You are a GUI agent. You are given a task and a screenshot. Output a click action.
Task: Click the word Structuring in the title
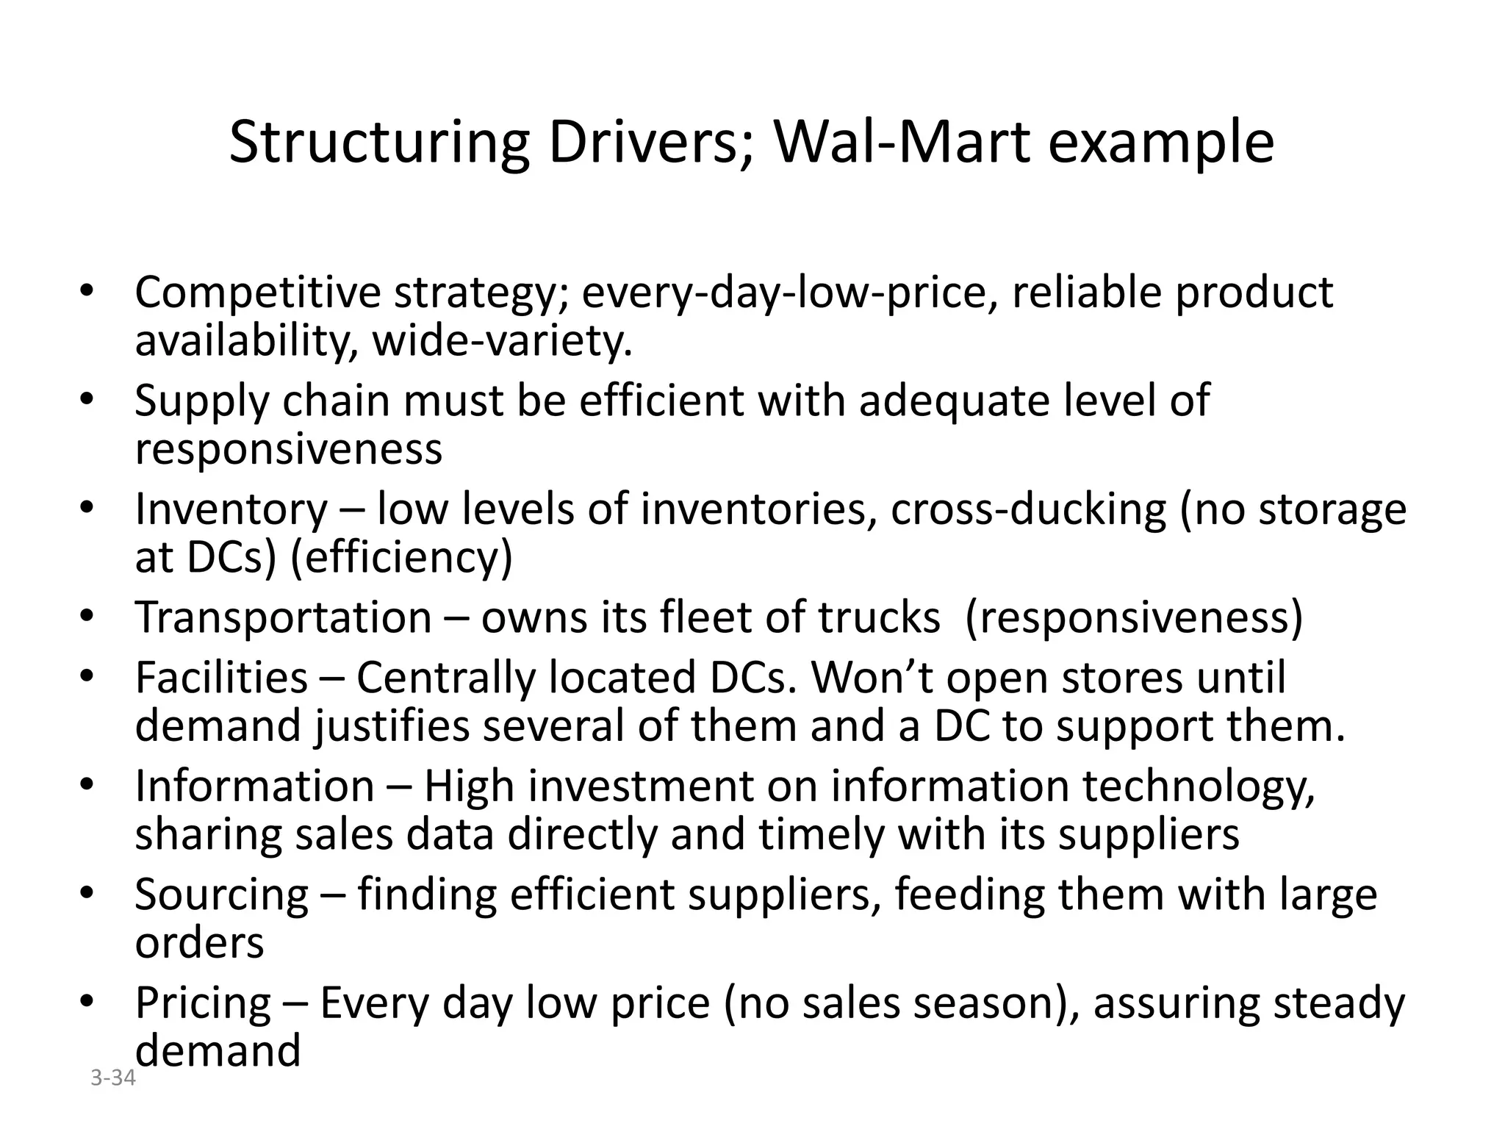tap(378, 144)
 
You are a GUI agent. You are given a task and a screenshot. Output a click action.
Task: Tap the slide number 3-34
tap(113, 1078)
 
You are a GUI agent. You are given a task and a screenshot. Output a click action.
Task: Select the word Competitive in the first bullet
tap(257, 293)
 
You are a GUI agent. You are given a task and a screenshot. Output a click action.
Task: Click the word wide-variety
tap(503, 341)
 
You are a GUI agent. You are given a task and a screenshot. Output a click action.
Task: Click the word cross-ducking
tap(1028, 509)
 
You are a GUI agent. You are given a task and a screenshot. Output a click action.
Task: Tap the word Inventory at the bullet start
tap(231, 509)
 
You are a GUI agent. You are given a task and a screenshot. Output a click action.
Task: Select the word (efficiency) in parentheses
tap(401, 557)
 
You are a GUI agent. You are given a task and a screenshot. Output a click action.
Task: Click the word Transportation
tap(283, 617)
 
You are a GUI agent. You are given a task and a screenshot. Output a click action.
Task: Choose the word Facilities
tap(221, 678)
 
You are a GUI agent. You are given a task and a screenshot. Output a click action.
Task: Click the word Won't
tap(872, 678)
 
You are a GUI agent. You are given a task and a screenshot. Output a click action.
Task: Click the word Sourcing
tap(222, 895)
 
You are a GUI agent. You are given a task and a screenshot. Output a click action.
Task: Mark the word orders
tap(199, 943)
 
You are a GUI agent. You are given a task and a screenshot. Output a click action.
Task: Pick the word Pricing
tap(204, 1003)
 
